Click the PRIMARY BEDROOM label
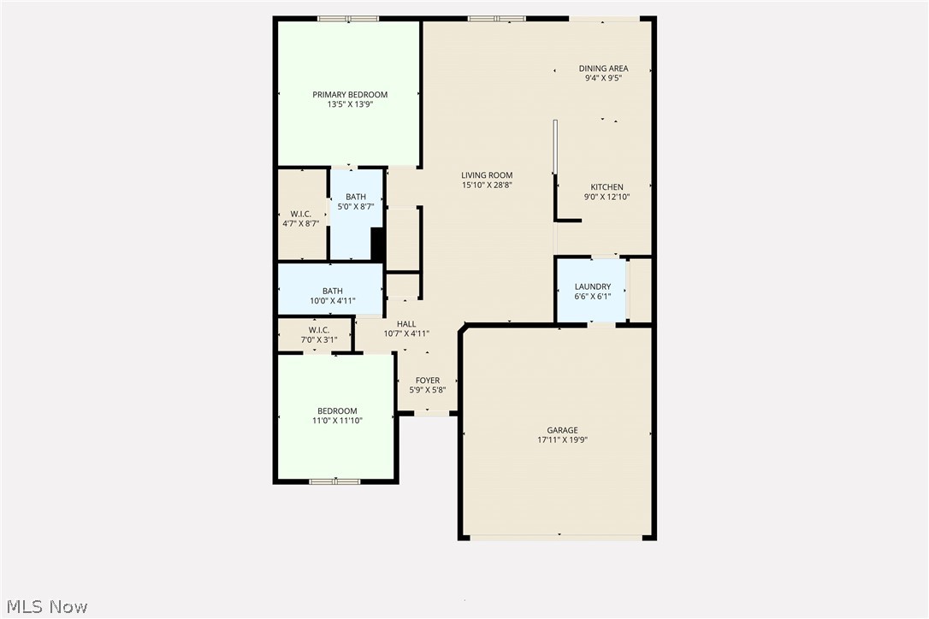(349, 95)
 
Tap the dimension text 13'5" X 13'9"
(349, 104)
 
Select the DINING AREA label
(603, 68)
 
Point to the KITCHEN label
(607, 187)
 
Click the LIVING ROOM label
(487, 175)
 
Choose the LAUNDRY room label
(592, 287)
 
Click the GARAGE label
(562, 430)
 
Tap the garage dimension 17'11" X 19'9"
(562, 440)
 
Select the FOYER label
(428, 380)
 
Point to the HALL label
(406, 324)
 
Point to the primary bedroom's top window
(348, 19)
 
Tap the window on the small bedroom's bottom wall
(334, 481)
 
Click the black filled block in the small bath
(376, 244)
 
